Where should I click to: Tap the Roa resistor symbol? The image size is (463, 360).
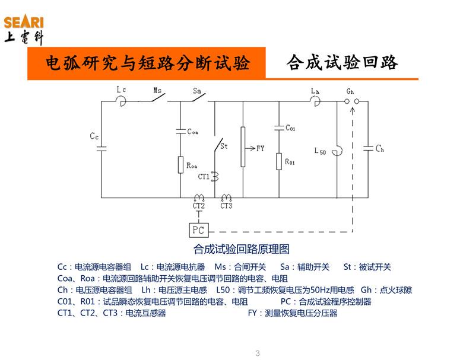point(180,165)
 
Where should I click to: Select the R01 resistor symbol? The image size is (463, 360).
point(279,161)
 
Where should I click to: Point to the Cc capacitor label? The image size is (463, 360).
point(94,136)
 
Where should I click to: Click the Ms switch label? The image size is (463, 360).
point(157,91)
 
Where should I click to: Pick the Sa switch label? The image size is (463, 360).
point(198,91)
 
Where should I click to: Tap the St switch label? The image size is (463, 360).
point(224,146)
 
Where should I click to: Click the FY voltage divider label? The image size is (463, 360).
point(260,148)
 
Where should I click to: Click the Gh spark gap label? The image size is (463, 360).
point(350,91)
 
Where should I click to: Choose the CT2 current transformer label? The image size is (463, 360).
point(198,206)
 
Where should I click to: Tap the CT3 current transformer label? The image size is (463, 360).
point(226,206)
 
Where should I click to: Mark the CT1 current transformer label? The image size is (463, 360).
point(204,176)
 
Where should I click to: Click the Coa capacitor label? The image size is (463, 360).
point(192,132)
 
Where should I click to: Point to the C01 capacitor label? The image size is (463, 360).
point(290,128)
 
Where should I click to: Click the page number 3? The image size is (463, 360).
point(258,353)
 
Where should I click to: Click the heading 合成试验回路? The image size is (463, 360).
point(342,63)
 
